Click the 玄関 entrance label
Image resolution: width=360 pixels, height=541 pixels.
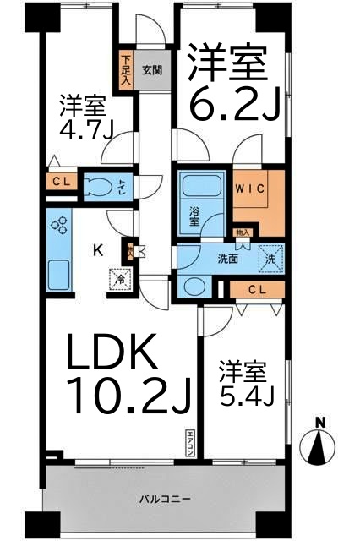(x=153, y=71)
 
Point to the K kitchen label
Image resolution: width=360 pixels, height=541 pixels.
(x=98, y=250)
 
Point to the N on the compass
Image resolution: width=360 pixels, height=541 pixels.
(x=320, y=423)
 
